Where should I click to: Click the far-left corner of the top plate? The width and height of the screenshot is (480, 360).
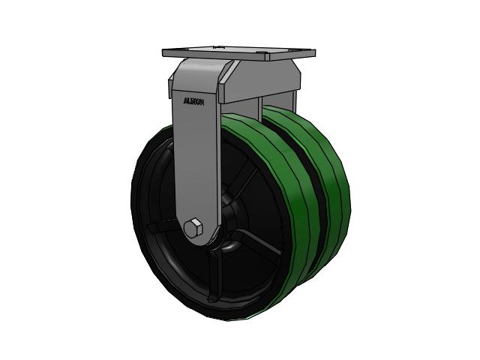point(163,52)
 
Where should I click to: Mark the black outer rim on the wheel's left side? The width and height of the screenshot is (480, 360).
point(142,217)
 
